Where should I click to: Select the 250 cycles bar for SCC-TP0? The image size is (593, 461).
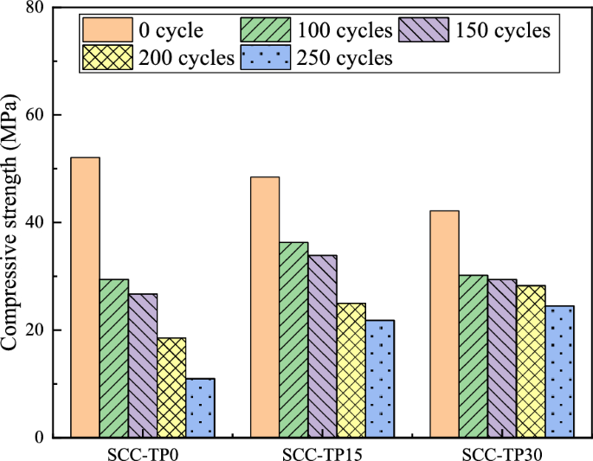point(200,407)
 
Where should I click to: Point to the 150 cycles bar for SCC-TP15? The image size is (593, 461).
point(322,346)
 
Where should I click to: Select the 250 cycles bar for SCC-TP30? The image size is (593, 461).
point(559,371)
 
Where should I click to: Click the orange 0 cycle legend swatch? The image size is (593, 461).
point(106,31)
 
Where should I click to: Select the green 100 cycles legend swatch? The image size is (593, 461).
point(267,31)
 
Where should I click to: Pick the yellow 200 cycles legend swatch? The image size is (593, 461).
point(106,58)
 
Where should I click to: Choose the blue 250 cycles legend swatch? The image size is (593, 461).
point(267,58)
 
